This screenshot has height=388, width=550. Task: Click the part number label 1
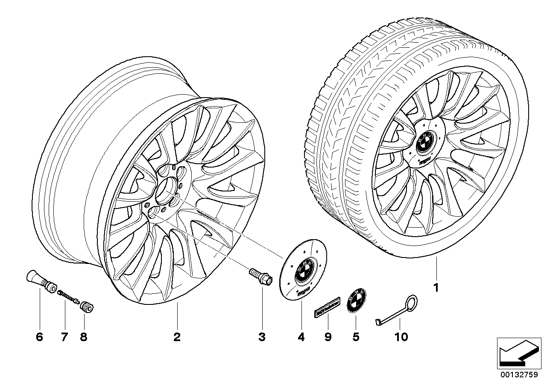436,288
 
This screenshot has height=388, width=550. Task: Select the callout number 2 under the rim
177,337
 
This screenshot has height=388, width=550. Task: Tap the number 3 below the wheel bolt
262,337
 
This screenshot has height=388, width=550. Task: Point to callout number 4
301,337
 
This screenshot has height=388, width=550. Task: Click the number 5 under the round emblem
356,337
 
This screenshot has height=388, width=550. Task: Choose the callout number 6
39,337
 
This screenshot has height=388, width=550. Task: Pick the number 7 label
64,337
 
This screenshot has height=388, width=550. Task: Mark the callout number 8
83,337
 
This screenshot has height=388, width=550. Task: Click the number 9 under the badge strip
328,337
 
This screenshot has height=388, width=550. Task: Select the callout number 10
401,337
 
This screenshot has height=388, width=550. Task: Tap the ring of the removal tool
410,304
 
